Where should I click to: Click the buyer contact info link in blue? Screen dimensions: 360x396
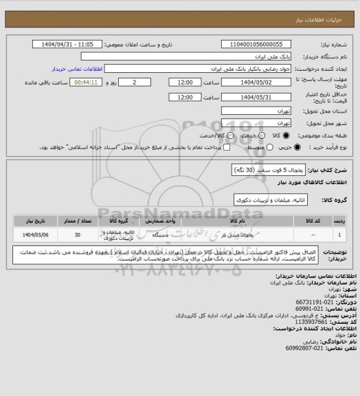click(x=78, y=69)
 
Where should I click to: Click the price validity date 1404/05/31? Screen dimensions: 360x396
click(x=248, y=97)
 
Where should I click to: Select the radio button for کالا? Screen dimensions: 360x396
click(x=275, y=136)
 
